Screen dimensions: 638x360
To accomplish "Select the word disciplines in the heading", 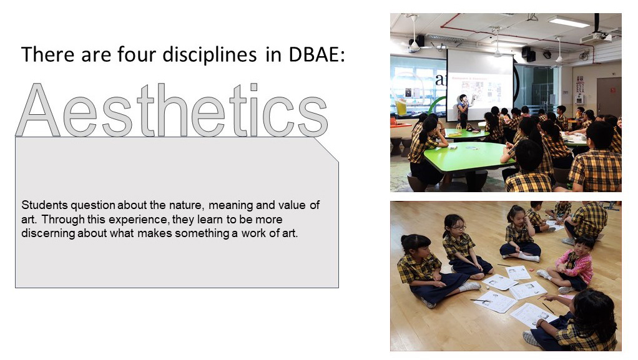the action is coord(210,55).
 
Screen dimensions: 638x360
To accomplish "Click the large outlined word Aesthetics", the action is coord(172,110).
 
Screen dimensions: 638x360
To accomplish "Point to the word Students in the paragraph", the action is coord(44,205).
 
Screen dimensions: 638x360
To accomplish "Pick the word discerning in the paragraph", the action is coord(48,234).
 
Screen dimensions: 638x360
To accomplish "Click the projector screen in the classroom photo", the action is coord(480,85).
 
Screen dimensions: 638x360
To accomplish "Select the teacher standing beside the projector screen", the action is coord(463,109).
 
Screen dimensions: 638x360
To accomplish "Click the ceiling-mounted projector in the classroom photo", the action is coord(596,37).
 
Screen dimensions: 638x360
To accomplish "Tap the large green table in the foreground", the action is coord(468,157).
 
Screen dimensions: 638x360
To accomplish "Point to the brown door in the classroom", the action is coord(609,97).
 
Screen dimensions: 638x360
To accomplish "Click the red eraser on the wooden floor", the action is coord(531,270).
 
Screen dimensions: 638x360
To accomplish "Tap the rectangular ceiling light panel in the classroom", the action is coord(569,21).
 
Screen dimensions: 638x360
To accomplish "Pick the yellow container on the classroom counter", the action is coord(401,107).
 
